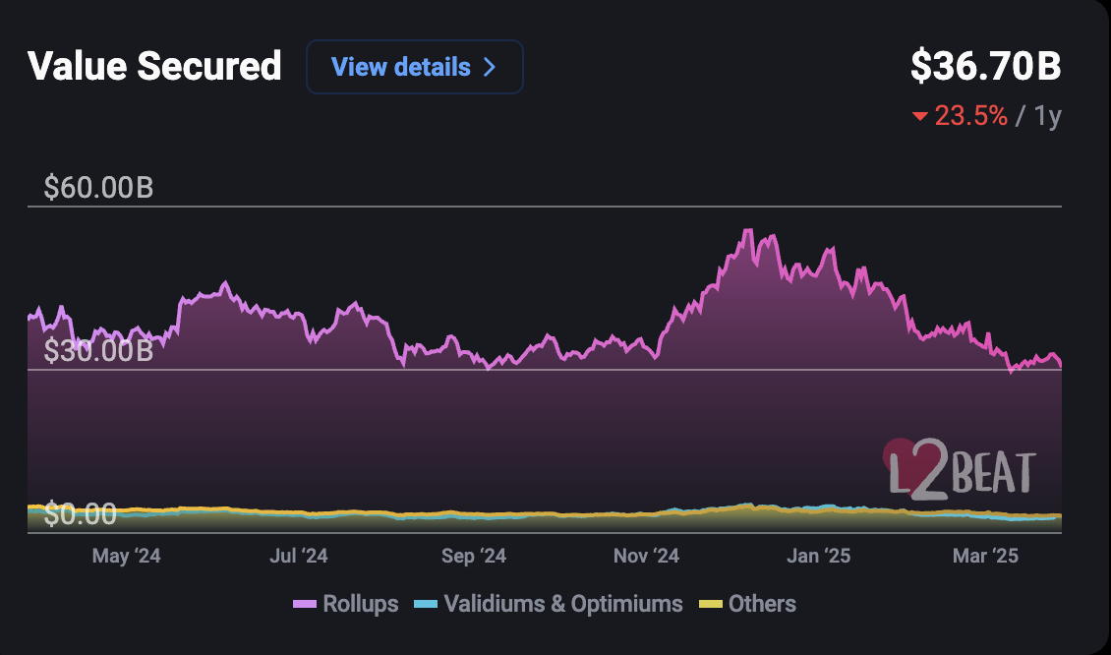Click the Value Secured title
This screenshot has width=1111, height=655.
click(x=154, y=67)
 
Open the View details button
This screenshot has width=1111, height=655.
click(x=414, y=67)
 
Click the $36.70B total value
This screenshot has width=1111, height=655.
click(x=985, y=67)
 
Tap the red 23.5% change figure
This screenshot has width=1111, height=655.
click(x=970, y=116)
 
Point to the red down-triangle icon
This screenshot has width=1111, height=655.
click(x=920, y=117)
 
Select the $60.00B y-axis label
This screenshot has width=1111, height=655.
click(x=98, y=187)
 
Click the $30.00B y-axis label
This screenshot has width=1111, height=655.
click(x=98, y=350)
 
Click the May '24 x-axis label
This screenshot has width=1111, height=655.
click(x=126, y=557)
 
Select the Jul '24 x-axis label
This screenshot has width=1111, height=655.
click(x=298, y=557)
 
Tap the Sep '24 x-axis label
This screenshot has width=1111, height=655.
click(x=473, y=557)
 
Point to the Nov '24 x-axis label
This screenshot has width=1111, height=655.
click(x=646, y=557)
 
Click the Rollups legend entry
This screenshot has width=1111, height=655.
click(x=346, y=604)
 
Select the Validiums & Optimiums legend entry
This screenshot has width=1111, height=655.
click(x=549, y=604)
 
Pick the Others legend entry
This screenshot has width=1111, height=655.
click(x=747, y=604)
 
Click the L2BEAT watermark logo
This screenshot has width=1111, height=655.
click(x=959, y=466)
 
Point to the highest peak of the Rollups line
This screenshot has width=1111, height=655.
click(x=748, y=230)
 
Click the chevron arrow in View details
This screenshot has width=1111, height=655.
click(x=490, y=67)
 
